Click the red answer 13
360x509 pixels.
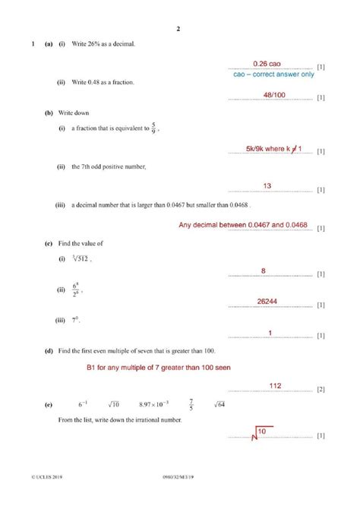267,185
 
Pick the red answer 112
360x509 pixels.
275,386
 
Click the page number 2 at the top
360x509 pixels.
178,30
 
